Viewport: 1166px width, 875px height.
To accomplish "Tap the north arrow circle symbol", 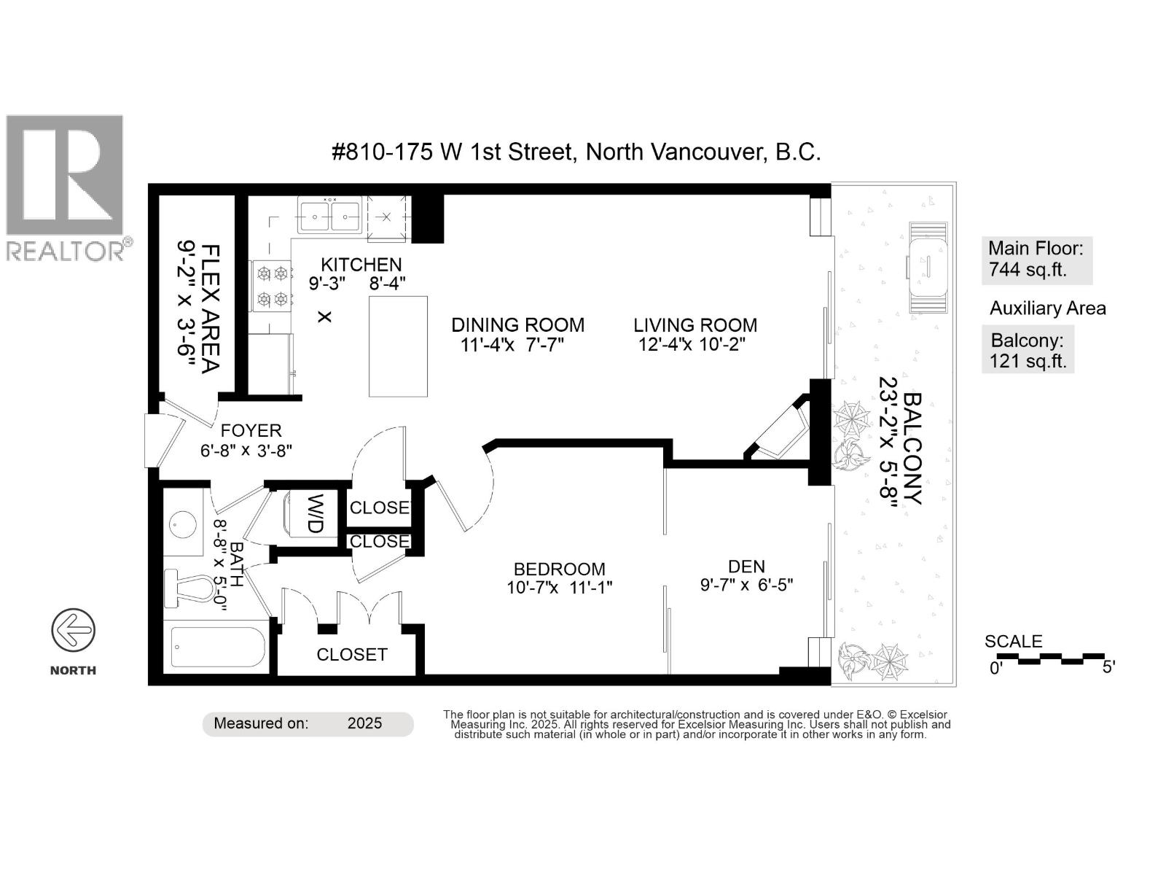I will click(x=73, y=630).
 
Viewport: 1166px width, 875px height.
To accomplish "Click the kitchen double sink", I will click(x=329, y=216).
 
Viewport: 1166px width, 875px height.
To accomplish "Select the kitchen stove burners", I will click(x=271, y=287).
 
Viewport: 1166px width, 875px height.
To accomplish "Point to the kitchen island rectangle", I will click(x=398, y=346).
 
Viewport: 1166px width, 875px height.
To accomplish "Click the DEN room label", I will click(x=746, y=567).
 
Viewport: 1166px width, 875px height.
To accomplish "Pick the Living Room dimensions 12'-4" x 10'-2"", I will click(x=692, y=344).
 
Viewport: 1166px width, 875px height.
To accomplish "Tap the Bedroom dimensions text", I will click(x=559, y=588).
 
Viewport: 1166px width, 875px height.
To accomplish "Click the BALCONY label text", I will click(x=912, y=448).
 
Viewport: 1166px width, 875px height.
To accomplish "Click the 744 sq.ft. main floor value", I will click(x=1028, y=270).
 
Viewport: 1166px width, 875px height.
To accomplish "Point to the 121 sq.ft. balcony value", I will click(x=1028, y=361).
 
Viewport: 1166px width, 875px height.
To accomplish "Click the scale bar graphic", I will click(x=1050, y=659).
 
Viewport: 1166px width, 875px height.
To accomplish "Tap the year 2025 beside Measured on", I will click(x=364, y=723).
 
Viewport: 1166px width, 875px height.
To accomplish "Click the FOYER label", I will click(x=251, y=431).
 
